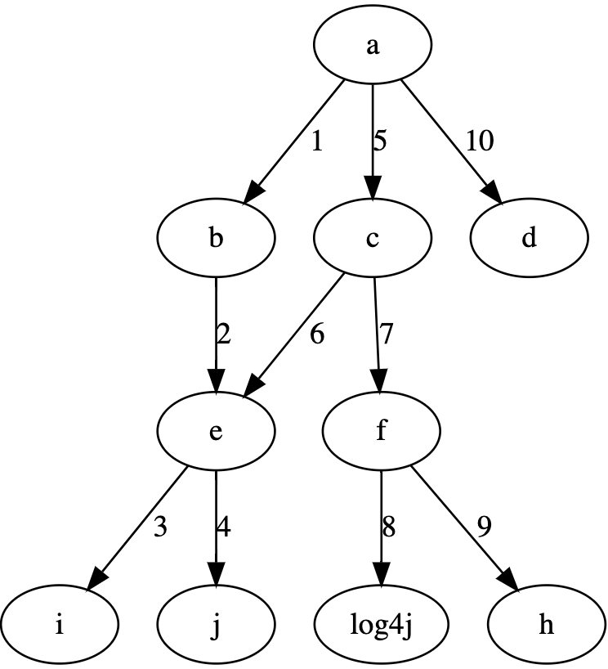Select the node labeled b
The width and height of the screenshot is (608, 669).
(x=216, y=238)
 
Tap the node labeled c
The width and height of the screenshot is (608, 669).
(x=373, y=238)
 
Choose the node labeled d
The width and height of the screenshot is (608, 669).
(x=529, y=238)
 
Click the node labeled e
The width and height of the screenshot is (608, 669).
(x=216, y=432)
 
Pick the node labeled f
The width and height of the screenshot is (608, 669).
(x=381, y=432)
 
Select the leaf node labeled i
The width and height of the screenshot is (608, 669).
(x=59, y=626)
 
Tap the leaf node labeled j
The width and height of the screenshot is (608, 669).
(x=216, y=626)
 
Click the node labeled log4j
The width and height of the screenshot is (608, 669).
(x=381, y=626)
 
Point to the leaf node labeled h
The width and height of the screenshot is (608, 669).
(x=546, y=626)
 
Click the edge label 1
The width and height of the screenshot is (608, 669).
(x=316, y=141)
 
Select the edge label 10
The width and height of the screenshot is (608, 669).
(x=480, y=141)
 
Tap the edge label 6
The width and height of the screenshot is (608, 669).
(x=316, y=335)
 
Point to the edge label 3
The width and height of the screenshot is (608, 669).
(x=160, y=528)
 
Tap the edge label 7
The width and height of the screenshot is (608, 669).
(x=386, y=335)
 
